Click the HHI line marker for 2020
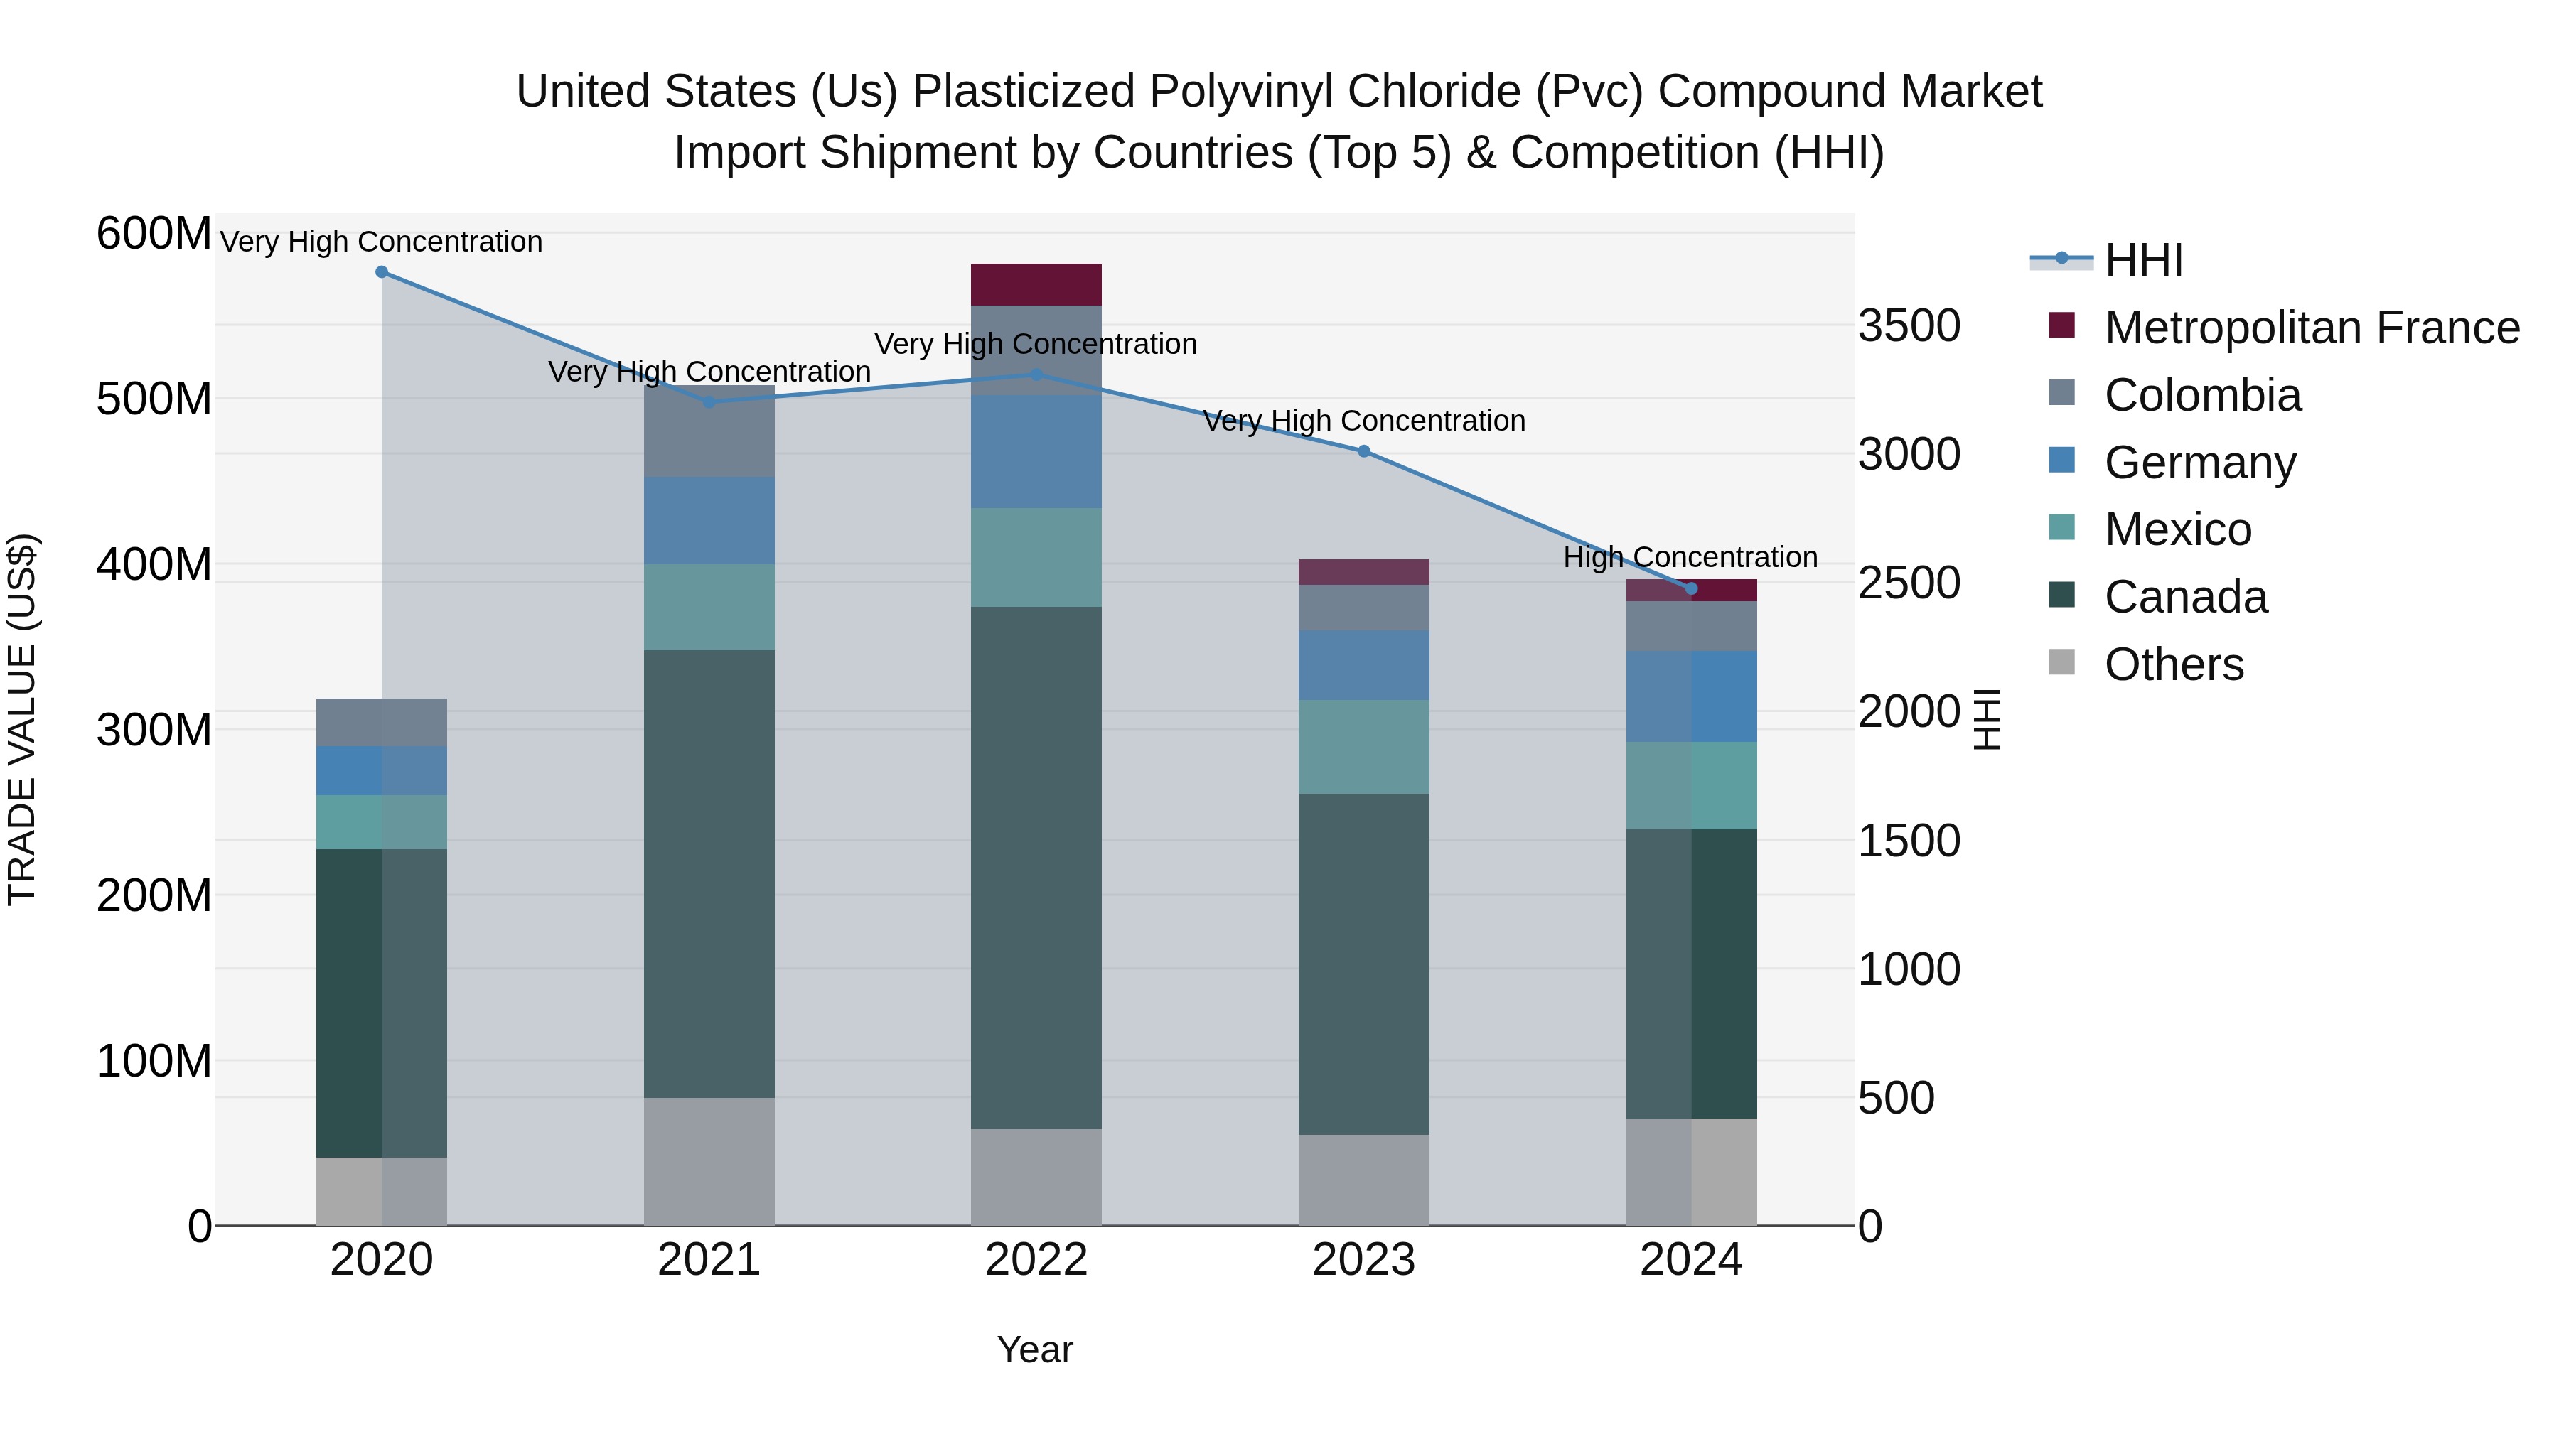click(382, 272)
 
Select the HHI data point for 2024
click(1692, 589)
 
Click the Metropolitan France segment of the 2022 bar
click(1036, 285)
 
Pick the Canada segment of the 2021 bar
click(709, 874)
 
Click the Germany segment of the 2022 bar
click(1036, 452)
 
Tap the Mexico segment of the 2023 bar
click(1364, 747)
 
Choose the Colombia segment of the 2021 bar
click(709, 432)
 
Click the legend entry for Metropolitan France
click(2312, 328)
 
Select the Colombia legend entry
click(2202, 395)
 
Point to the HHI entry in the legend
click(2144, 260)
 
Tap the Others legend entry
click(2174, 664)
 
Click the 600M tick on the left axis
click(154, 235)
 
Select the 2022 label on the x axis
click(1036, 1260)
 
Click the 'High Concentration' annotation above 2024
click(1691, 557)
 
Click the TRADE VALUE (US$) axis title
click(22, 719)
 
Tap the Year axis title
click(1035, 1349)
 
